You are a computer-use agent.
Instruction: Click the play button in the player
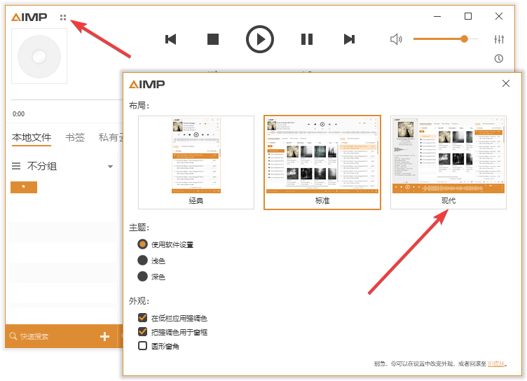point(260,39)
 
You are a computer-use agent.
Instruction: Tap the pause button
point(307,39)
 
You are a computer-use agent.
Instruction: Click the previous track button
point(170,39)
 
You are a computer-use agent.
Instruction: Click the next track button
point(349,39)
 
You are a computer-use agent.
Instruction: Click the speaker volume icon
point(396,39)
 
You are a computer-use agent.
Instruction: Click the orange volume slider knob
point(464,39)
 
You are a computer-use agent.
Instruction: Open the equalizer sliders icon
point(499,39)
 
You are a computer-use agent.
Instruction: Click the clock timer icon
point(499,59)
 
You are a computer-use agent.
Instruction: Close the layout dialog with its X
point(506,84)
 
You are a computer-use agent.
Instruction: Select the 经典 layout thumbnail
point(196,162)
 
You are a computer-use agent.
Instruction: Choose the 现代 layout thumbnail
point(448,162)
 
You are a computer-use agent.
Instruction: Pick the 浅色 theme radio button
point(143,261)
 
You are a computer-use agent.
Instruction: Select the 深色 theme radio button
point(143,277)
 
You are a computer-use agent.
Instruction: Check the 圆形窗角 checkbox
point(143,346)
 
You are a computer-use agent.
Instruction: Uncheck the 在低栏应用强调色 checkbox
point(143,318)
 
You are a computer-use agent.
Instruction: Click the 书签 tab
point(75,137)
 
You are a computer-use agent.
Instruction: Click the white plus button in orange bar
point(105,337)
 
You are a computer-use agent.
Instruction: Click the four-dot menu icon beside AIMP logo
point(63,18)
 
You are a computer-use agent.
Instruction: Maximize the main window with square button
point(468,16)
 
